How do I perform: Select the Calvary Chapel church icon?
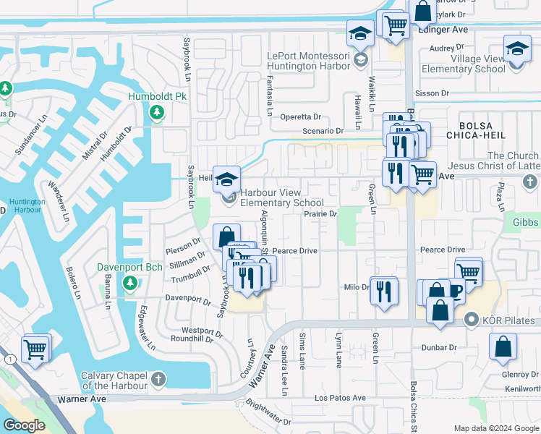coord(158,378)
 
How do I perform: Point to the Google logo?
coord(24,425)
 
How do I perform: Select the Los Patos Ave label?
coord(339,398)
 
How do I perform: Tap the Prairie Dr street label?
coord(321,214)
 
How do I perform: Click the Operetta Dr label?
coord(301,116)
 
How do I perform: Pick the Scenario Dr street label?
coord(323,131)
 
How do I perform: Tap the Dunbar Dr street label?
coord(439,348)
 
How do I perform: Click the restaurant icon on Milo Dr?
coord(383,292)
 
